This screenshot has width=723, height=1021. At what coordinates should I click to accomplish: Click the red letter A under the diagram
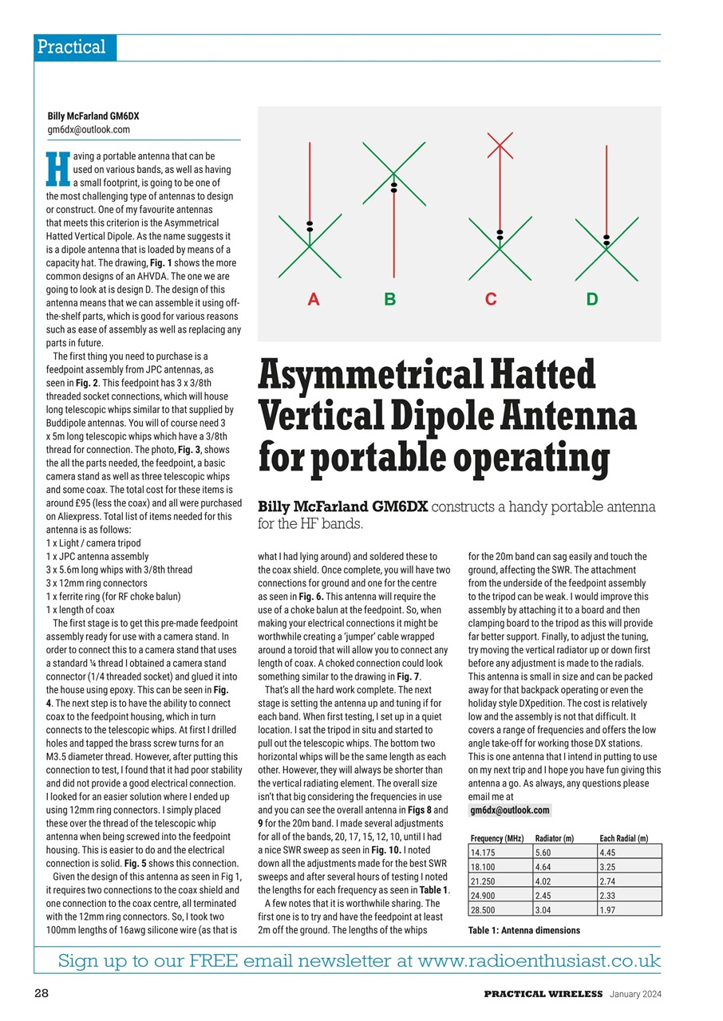point(314,300)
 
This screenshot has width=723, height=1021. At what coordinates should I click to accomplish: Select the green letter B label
point(389,300)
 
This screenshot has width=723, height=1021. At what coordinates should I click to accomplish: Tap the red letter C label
point(491,300)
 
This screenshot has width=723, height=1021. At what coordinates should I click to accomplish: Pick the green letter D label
point(591,300)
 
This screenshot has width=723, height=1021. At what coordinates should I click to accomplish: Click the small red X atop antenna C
point(500,144)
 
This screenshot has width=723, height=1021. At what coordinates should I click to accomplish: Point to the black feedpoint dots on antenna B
point(393,187)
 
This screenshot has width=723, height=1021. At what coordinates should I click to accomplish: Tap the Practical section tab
point(72,47)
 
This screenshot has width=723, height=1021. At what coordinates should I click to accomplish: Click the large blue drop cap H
point(55,168)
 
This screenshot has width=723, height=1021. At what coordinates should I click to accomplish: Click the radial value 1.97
point(610,909)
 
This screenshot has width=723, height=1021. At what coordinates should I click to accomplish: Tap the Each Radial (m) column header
point(623,838)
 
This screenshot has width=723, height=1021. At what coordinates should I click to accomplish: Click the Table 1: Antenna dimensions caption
point(524,930)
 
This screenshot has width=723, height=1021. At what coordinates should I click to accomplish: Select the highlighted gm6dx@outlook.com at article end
point(509,810)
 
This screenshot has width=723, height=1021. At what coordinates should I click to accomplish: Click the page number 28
point(42,993)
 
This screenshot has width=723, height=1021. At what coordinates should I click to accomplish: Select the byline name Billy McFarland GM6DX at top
point(93,116)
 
